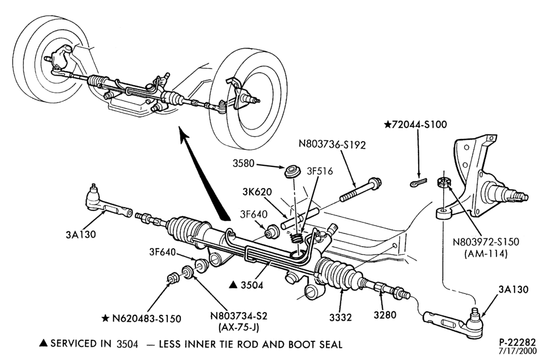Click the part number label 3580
point(244,163)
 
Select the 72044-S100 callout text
point(415,124)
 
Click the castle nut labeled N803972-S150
point(443,182)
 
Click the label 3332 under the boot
point(341,317)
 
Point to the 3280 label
point(385,315)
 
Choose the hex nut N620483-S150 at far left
point(173,278)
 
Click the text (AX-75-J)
point(239,327)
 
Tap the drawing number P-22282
point(518,342)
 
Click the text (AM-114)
point(486,254)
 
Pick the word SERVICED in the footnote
point(72,344)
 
